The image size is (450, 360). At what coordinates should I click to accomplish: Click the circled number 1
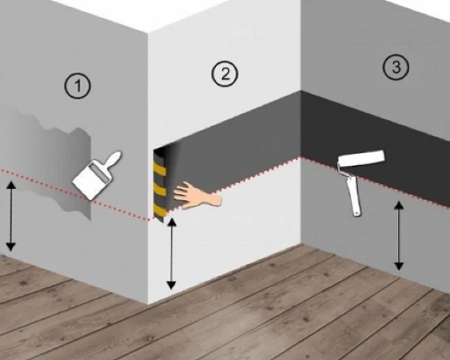(x=77, y=86)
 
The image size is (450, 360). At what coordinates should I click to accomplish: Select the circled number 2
(x=225, y=73)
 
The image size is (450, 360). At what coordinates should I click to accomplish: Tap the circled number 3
(x=396, y=67)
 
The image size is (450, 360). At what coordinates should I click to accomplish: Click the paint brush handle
(x=114, y=160)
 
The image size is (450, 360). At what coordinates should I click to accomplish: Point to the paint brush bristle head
(x=91, y=180)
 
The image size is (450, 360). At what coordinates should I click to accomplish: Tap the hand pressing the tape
(x=197, y=195)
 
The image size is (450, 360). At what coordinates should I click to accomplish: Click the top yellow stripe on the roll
(x=160, y=170)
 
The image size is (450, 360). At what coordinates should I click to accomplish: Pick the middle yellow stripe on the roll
(x=160, y=190)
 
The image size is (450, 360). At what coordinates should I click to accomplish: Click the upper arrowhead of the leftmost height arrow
(x=11, y=184)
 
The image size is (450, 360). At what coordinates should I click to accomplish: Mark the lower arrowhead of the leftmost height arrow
(x=11, y=247)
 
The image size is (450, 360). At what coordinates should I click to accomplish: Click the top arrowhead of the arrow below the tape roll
(x=171, y=222)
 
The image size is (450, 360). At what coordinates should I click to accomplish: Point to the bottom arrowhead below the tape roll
(x=171, y=285)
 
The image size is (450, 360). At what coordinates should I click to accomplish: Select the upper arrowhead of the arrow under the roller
(x=398, y=205)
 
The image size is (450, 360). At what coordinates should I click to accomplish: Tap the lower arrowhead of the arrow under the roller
(x=398, y=267)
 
